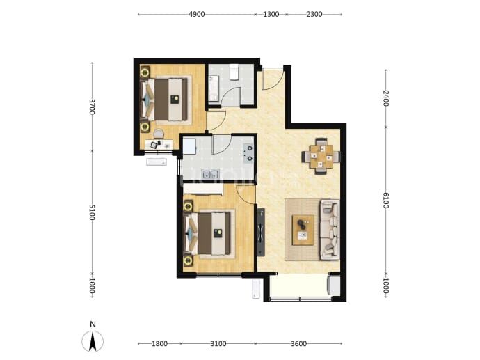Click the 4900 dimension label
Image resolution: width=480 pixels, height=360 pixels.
tap(197, 14)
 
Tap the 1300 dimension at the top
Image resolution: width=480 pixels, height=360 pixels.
tap(271, 14)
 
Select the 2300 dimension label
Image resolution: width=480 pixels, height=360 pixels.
tap(314, 14)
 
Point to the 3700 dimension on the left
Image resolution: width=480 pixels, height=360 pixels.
tap(92, 107)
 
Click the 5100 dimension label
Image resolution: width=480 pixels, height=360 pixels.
tap(92, 212)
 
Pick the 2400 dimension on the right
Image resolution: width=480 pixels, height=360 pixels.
tap(385, 98)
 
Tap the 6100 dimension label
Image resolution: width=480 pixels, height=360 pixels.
tap(385, 201)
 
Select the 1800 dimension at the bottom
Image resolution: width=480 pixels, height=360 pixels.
tap(159, 344)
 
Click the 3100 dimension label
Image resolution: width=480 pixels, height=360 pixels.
tap(218, 344)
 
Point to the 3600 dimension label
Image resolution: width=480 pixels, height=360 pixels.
tap(298, 344)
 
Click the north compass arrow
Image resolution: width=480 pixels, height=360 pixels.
tap(93, 341)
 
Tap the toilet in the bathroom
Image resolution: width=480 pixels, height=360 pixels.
tap(234, 72)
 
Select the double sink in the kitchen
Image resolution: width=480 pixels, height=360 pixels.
tap(211, 174)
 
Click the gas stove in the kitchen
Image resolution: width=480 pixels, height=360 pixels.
tap(248, 153)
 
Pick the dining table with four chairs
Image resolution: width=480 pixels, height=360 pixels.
tap(321, 157)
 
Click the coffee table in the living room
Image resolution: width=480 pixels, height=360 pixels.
tap(303, 230)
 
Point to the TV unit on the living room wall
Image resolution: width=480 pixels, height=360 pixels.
tap(261, 233)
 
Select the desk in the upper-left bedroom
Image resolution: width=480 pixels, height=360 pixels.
tap(159, 144)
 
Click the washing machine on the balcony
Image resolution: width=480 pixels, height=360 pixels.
tap(334, 285)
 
